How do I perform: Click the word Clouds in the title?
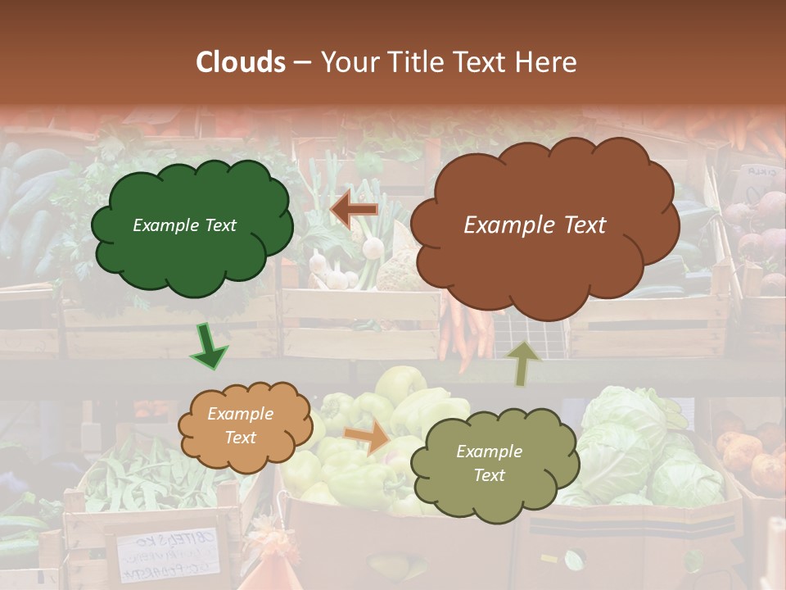[x=241, y=62]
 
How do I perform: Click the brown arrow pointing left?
[x=354, y=210]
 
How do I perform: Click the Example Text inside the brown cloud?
[x=535, y=225]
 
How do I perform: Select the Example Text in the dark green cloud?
[x=184, y=225]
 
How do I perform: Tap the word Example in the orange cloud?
[x=240, y=414]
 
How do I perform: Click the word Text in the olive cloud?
[x=489, y=475]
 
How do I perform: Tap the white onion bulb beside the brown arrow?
[x=373, y=247]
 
